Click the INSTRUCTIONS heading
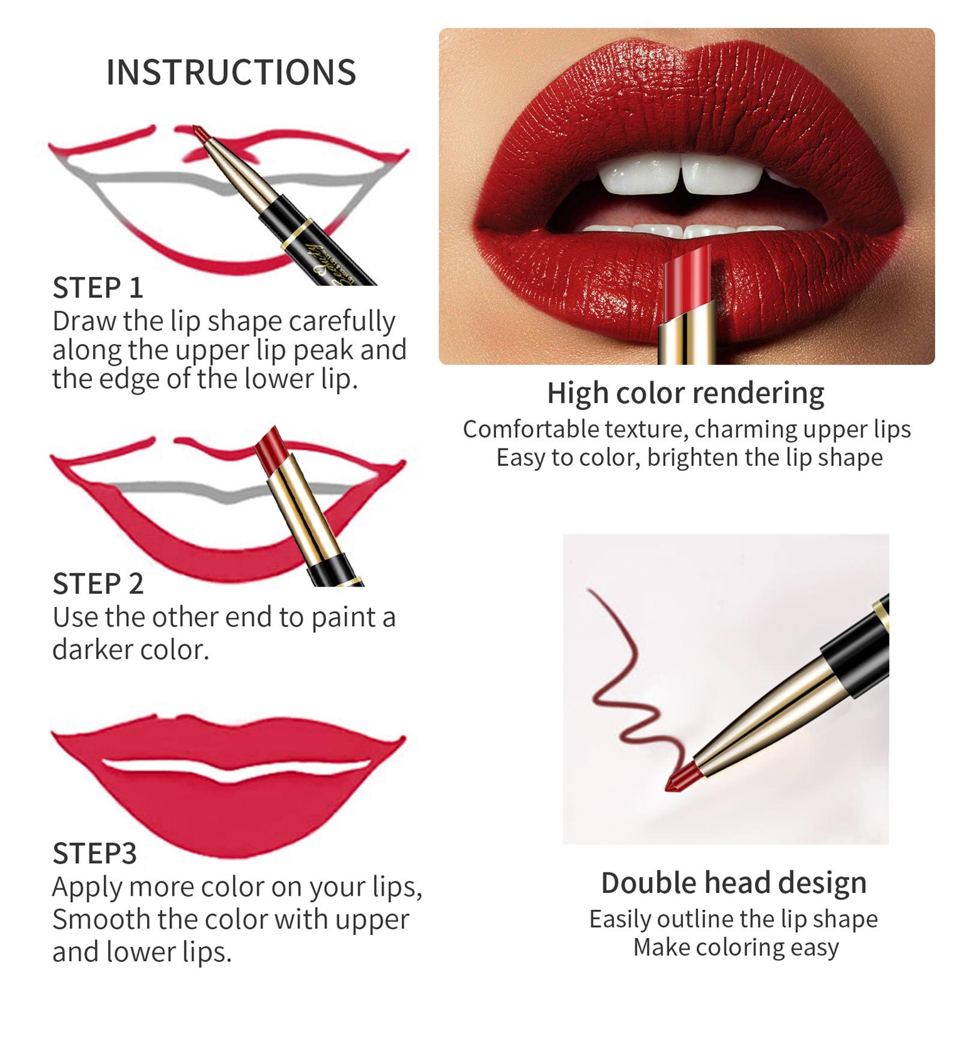pyautogui.click(x=231, y=72)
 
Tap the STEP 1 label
pyautogui.click(x=98, y=288)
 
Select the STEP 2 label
pyautogui.click(x=98, y=584)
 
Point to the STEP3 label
pyautogui.click(x=94, y=853)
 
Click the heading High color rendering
pyautogui.click(x=685, y=393)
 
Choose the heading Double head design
pyautogui.click(x=733, y=883)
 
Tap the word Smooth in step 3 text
pyautogui.click(x=100, y=919)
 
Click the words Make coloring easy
pyautogui.click(x=735, y=947)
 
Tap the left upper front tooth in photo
pyautogui.click(x=640, y=174)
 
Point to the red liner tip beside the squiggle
pyautogui.click(x=679, y=779)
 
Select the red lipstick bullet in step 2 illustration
pyautogui.click(x=271, y=446)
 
